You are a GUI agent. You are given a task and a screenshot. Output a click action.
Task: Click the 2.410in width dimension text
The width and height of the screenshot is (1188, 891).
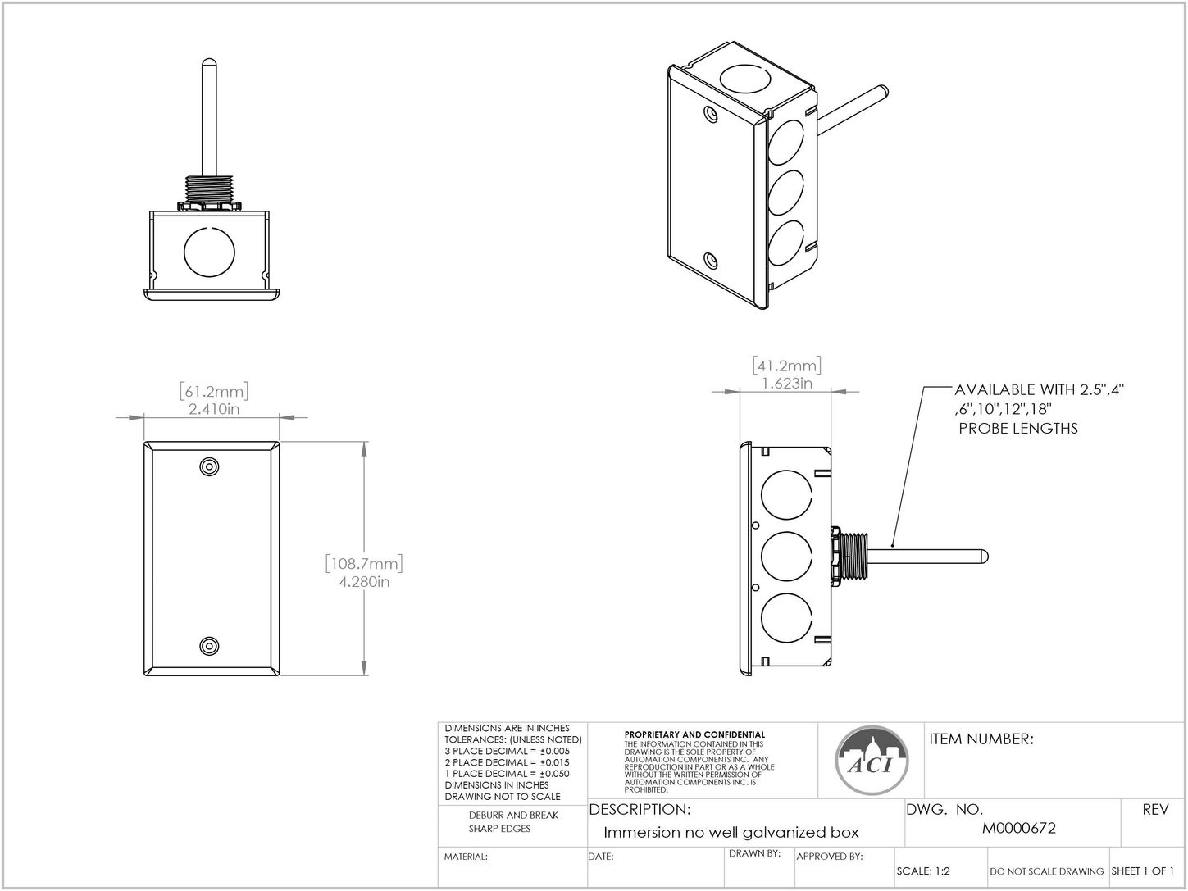click(x=214, y=409)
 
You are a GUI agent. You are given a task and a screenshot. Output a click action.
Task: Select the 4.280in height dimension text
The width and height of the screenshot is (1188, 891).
click(x=364, y=582)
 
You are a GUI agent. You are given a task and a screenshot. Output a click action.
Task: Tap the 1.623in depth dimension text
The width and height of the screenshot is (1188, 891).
click(x=786, y=383)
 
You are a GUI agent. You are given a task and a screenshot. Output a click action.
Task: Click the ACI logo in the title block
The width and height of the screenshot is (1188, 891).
click(x=872, y=760)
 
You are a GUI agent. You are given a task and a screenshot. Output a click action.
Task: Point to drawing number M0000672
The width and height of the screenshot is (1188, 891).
click(x=1019, y=829)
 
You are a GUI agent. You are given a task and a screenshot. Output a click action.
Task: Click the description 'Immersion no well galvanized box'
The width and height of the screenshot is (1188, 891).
click(x=731, y=833)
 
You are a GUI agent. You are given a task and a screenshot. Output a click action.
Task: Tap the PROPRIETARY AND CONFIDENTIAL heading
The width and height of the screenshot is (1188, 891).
click(x=694, y=734)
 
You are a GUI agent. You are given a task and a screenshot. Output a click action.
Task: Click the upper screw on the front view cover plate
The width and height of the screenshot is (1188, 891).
click(x=210, y=466)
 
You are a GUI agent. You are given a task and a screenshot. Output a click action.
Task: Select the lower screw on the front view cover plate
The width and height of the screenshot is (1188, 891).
click(x=210, y=646)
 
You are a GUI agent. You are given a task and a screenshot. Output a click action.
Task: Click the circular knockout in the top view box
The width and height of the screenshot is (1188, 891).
click(x=209, y=252)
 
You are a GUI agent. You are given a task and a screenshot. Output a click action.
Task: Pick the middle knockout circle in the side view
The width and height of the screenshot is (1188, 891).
click(x=786, y=557)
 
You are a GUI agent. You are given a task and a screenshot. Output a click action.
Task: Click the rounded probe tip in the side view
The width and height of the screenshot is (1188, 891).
click(x=982, y=557)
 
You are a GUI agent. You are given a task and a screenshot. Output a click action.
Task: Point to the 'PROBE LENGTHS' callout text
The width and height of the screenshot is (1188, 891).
click(x=1017, y=429)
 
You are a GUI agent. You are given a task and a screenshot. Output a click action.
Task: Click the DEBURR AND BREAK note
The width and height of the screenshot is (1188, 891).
click(x=513, y=816)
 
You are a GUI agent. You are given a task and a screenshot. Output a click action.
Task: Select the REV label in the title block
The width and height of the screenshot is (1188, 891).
click(x=1155, y=810)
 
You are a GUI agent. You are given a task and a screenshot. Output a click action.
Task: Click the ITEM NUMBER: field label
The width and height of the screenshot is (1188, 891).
click(x=981, y=739)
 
